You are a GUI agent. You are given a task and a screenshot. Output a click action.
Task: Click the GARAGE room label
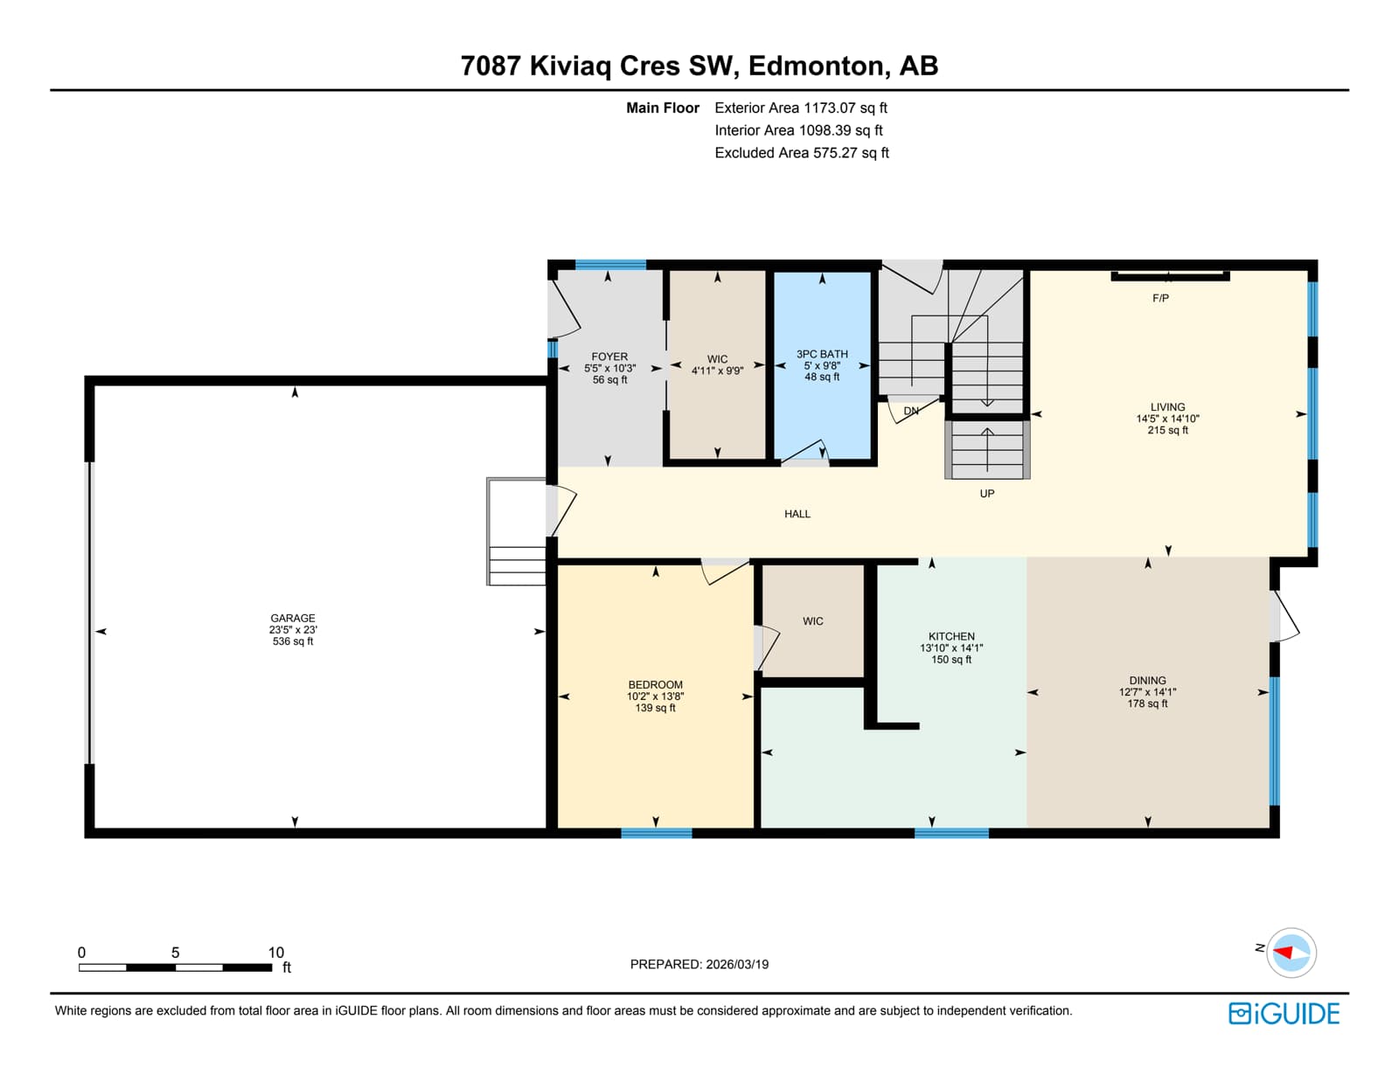coord(293,619)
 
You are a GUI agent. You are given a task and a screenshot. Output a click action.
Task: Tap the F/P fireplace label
coord(1161,298)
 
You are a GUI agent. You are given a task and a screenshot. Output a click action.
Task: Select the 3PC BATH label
coord(822,354)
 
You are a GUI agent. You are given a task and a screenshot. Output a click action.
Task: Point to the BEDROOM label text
coord(656,684)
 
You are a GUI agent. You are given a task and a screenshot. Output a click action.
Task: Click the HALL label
coord(797,514)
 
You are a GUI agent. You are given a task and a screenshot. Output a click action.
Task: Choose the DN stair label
coord(911,411)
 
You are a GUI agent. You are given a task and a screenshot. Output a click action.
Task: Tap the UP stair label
coord(987,494)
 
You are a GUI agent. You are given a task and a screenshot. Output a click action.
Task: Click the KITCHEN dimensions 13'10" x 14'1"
coord(951,648)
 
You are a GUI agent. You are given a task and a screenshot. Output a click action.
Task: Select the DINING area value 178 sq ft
coord(1147,703)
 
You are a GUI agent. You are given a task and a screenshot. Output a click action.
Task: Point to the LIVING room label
coord(1168,406)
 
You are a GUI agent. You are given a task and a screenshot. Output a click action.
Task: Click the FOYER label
coord(609,357)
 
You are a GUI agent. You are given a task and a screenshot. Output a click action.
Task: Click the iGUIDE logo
coord(1284,1014)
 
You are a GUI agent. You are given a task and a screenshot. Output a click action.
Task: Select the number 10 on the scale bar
coord(275,953)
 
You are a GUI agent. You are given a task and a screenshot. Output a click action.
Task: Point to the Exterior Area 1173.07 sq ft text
coord(801,107)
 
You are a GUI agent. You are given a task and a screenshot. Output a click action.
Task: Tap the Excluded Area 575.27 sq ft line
coord(802,153)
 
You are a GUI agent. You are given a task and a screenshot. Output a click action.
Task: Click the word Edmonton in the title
coord(817,66)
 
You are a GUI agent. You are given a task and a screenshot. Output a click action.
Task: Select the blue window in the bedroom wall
coord(657,834)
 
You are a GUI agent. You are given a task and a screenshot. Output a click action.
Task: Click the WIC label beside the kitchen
coord(812,621)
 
